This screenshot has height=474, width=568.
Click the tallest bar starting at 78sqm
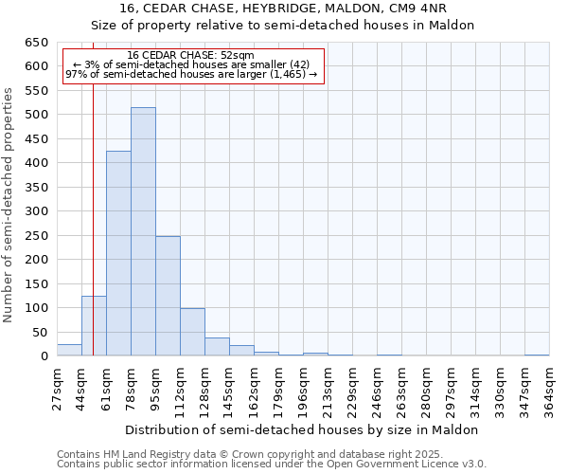[x=143, y=232]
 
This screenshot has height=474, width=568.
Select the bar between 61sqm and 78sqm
[x=118, y=254]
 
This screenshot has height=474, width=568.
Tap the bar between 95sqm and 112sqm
[x=168, y=296]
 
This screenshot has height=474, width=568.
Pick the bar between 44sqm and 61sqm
[x=94, y=326]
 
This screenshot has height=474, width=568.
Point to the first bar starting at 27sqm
[x=69, y=350]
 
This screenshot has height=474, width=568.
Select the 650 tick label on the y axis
[x=36, y=43]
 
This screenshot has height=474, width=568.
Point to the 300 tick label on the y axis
[x=36, y=211]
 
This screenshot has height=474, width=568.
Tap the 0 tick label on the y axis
[x=44, y=356]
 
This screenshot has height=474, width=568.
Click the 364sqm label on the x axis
[x=550, y=389]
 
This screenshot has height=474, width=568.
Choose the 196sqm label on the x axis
[x=304, y=389]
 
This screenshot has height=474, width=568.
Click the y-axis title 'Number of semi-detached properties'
[x=9, y=205]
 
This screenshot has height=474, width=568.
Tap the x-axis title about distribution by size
[x=303, y=429]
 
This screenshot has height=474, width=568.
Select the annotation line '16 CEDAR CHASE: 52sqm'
[x=190, y=56]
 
